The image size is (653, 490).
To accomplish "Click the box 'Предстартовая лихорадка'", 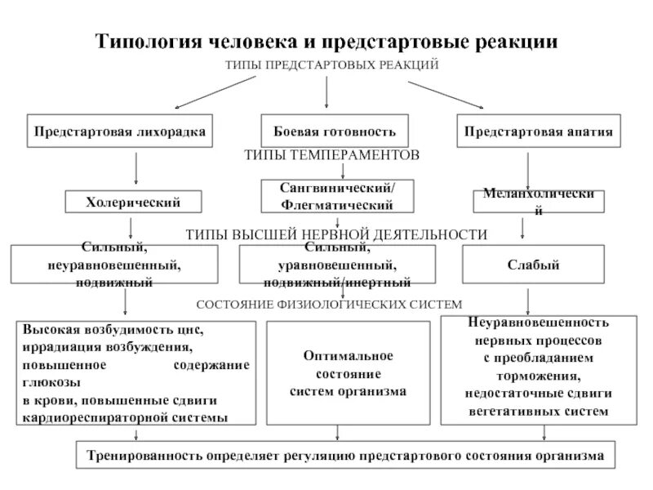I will tap(119, 131).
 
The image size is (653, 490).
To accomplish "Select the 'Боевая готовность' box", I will tap(326, 131).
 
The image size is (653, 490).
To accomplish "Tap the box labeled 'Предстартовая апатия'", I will tap(538, 131).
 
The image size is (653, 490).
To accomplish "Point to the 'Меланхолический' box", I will tap(539, 202).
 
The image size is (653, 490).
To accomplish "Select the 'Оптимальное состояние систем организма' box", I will tap(348, 373).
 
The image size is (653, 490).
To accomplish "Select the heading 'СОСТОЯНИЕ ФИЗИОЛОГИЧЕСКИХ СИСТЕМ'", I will tap(330, 305).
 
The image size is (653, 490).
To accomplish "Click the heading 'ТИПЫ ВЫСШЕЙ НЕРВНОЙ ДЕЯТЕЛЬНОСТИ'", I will tap(336, 234).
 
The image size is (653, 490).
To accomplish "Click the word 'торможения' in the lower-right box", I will tap(549, 376).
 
